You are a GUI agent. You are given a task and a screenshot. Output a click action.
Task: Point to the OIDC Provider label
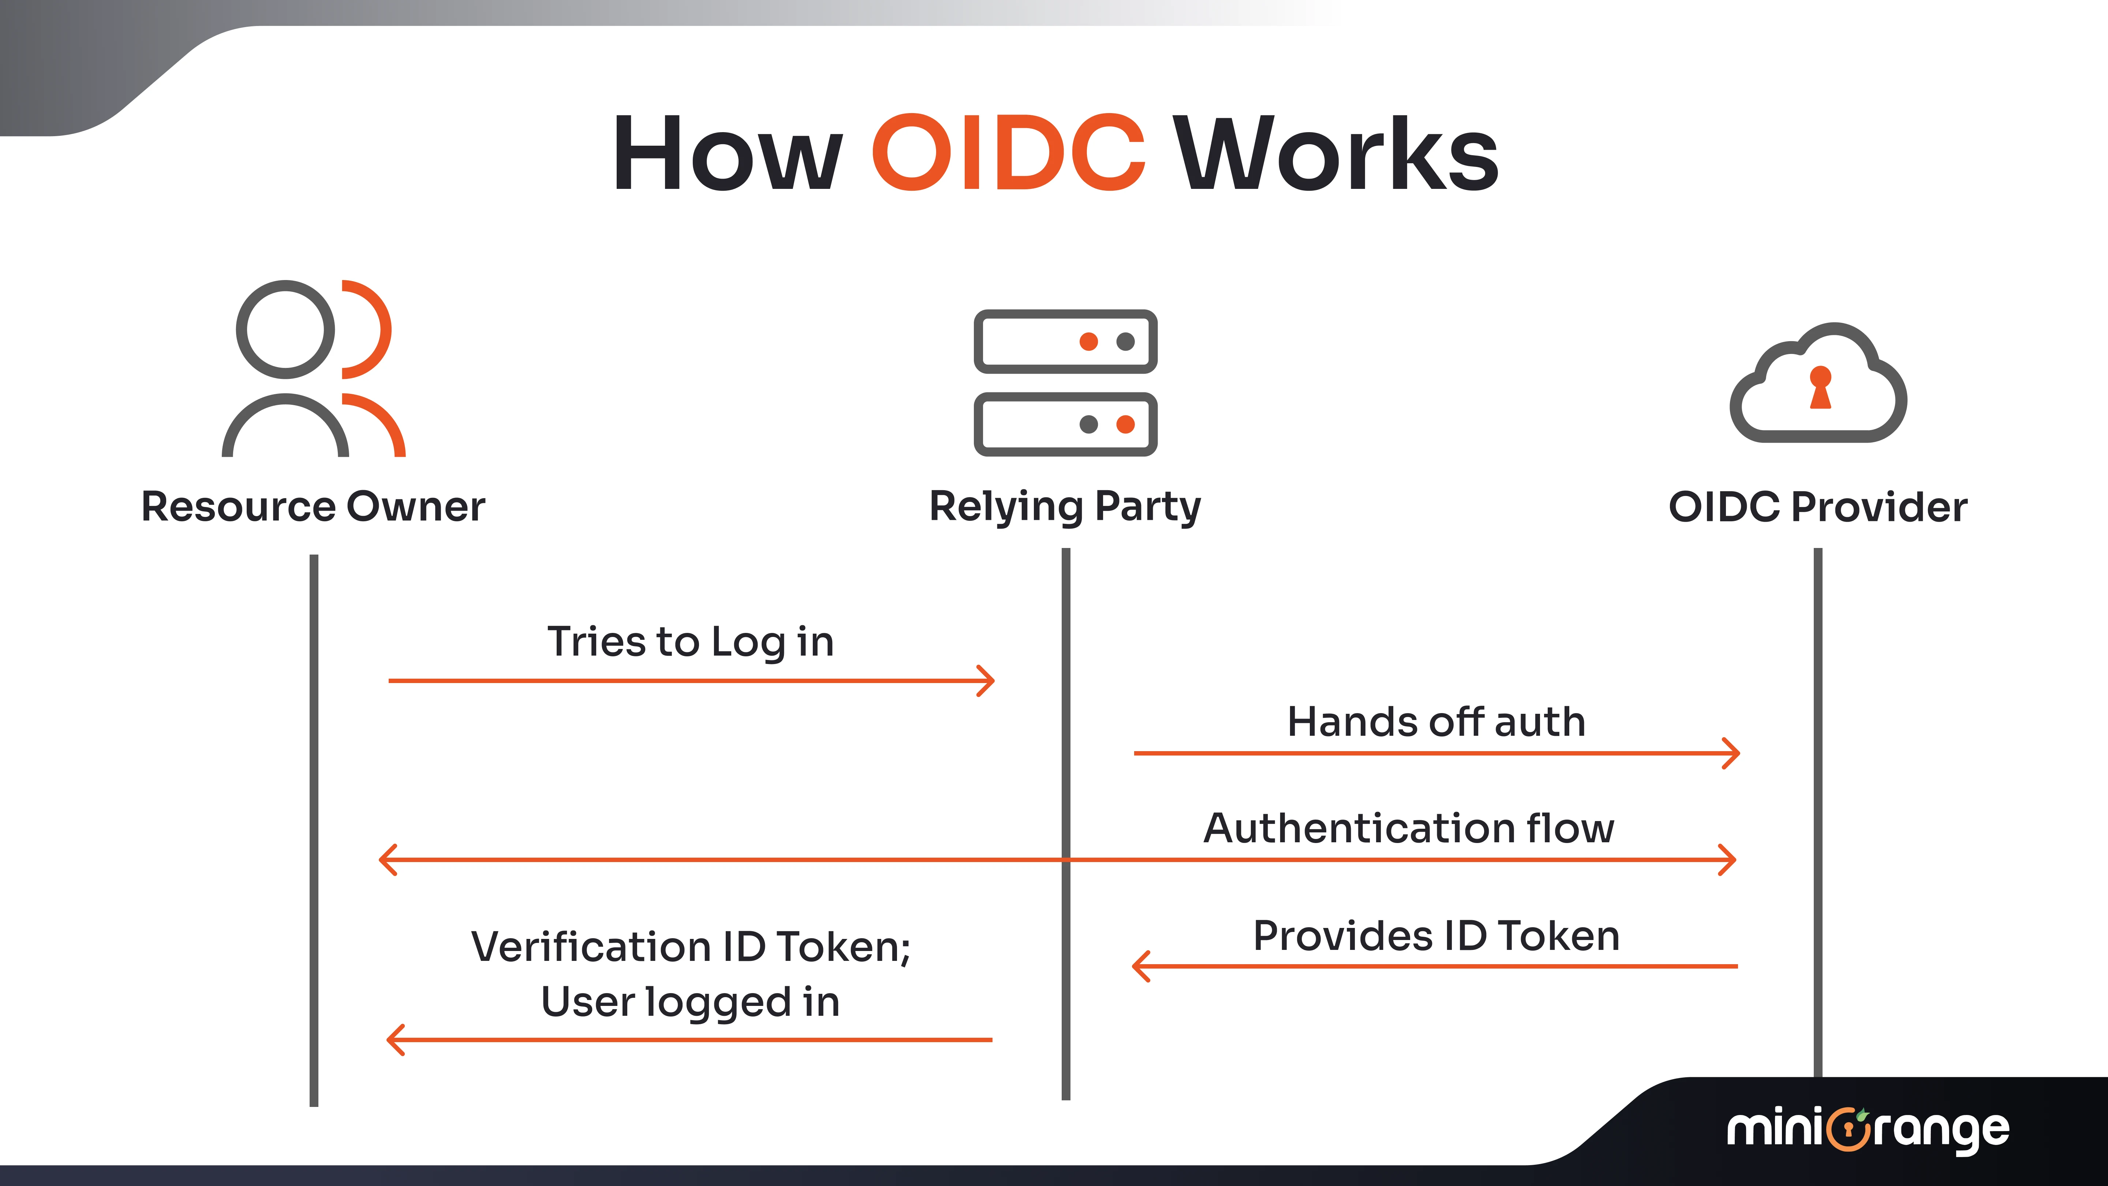click(1817, 507)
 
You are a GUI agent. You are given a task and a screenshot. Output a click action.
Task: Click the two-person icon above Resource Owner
click(313, 368)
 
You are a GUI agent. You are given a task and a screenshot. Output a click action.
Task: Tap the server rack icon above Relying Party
click(1065, 382)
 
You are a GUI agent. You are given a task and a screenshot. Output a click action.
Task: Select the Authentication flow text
click(1408, 828)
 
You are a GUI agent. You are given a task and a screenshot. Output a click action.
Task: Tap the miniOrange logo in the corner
click(1868, 1130)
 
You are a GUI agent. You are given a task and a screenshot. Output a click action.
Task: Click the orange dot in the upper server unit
click(1088, 341)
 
